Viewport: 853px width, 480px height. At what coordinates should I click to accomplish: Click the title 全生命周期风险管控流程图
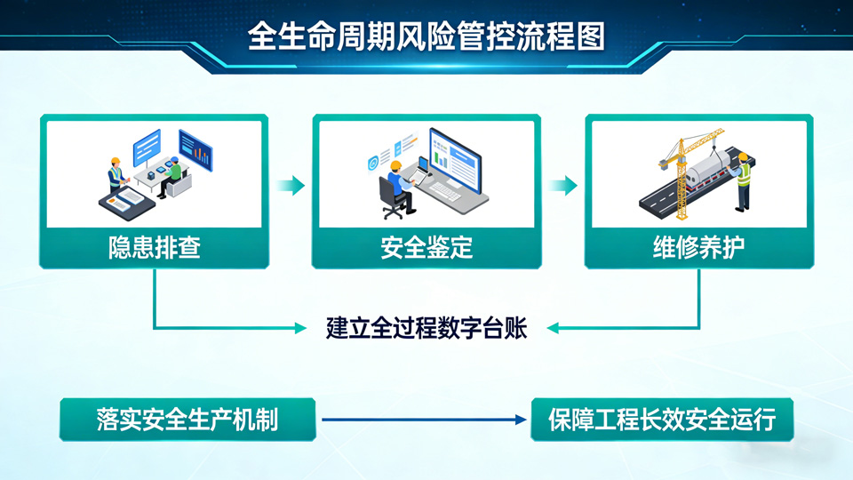[x=426, y=36]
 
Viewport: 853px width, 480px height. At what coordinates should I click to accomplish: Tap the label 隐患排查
[x=155, y=248]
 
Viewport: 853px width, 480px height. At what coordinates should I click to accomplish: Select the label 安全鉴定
[x=426, y=248]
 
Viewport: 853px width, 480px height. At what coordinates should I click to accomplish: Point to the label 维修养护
[x=699, y=248]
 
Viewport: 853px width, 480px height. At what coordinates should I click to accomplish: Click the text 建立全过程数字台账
[x=426, y=328]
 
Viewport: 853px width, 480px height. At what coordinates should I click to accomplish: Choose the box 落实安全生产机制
[x=187, y=420]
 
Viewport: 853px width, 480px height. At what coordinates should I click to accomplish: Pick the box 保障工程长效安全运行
[x=662, y=420]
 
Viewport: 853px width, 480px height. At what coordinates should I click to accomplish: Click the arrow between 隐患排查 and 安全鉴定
[x=291, y=186]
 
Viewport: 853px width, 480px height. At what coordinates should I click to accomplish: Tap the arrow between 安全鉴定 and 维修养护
[x=562, y=186]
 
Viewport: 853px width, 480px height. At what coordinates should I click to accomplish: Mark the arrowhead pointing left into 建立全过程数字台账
[x=554, y=328]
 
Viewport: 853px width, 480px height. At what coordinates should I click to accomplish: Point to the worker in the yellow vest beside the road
[x=742, y=182]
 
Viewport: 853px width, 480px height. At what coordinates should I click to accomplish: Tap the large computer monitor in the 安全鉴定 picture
[x=455, y=162]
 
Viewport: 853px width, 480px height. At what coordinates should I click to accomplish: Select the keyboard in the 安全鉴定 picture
[x=445, y=192]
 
